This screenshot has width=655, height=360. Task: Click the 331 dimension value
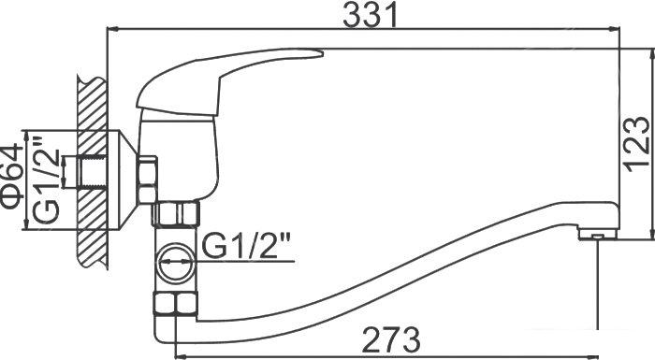click(371, 16)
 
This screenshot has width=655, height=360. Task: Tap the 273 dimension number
click(390, 338)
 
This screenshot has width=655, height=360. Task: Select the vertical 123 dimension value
click(638, 145)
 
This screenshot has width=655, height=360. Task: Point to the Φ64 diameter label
click(11, 176)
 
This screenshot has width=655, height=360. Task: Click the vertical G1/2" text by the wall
click(45, 180)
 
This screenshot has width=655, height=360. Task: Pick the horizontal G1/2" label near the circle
click(245, 247)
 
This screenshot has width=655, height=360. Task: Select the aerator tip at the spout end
click(598, 235)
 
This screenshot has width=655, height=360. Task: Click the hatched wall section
click(92, 172)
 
